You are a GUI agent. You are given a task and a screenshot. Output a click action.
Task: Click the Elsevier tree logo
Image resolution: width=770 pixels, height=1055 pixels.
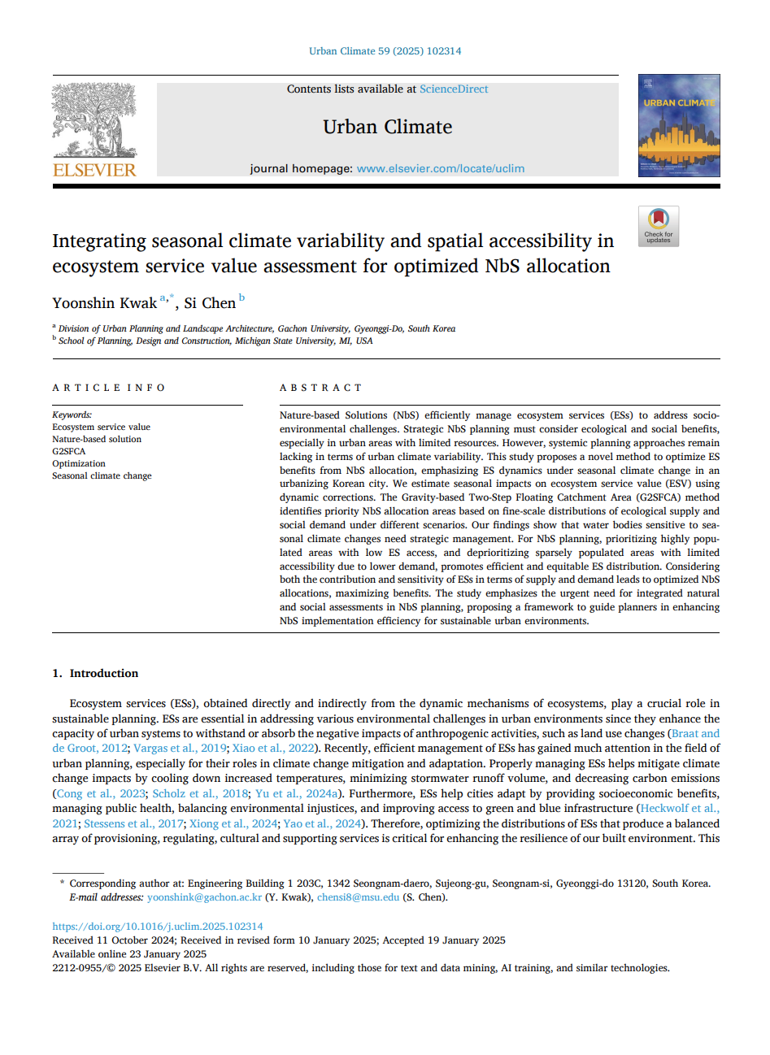[95, 120]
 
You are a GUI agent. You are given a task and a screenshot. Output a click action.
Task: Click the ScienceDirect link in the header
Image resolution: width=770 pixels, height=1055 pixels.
[454, 89]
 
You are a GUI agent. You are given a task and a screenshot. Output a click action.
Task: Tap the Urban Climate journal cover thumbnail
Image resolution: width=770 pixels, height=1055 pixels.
[679, 125]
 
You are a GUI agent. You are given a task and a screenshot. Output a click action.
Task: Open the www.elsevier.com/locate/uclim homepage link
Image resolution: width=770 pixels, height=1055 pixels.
[441, 169]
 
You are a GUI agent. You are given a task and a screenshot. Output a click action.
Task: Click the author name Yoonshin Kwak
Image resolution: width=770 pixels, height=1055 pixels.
[104, 303]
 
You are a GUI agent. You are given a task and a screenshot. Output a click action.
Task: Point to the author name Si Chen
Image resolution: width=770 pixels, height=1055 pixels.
[210, 303]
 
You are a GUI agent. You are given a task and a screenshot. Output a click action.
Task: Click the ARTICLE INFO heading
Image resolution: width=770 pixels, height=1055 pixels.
[109, 388]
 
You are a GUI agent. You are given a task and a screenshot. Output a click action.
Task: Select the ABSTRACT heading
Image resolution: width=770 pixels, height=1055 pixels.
[320, 388]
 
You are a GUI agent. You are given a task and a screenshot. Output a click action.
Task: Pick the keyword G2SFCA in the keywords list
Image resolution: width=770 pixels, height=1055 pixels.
[69, 451]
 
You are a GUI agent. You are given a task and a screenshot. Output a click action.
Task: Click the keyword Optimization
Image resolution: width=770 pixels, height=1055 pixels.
[79, 463]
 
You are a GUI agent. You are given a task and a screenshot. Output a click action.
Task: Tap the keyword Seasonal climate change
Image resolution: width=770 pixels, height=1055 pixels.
[102, 475]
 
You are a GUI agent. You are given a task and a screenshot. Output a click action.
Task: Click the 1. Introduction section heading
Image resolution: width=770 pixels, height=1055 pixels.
[95, 673]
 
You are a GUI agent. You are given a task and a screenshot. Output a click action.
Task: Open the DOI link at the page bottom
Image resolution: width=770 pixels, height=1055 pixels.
[158, 926]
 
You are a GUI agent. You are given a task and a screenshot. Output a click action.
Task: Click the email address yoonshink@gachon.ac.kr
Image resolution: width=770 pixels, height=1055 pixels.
[205, 897]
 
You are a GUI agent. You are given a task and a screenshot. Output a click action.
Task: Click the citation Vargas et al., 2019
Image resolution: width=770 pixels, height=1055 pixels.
[180, 749]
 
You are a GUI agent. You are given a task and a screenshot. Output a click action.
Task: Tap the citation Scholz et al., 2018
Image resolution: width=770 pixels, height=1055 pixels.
[200, 793]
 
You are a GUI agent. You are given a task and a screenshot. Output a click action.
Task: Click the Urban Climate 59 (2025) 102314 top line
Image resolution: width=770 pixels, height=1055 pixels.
[385, 51]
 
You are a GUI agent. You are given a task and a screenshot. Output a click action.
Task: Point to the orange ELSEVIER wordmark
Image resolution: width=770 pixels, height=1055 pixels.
[94, 170]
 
